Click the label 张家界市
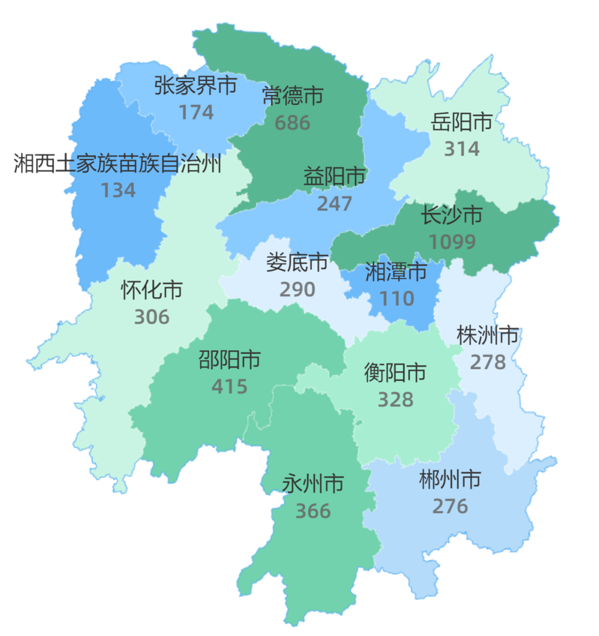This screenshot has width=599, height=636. point(196,85)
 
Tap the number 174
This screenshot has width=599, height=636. point(196,112)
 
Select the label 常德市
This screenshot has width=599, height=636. point(292,96)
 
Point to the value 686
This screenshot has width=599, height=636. point(292,123)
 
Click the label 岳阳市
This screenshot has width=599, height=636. point(462,122)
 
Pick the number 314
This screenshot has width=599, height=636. point(462,149)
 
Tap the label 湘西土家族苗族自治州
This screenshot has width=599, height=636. point(118,164)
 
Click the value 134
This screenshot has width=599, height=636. point(118,190)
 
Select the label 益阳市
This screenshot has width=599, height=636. point(334,177)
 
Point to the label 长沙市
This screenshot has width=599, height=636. point(452,215)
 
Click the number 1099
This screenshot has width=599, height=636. point(452,242)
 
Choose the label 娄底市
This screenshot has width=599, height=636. point(297,263)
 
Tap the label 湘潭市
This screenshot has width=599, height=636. point(397,272)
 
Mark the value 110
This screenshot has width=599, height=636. point(397,299)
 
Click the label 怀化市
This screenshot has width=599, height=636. point(152,290)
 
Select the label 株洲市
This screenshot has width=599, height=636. point(488,335)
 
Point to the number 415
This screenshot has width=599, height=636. point(230,386)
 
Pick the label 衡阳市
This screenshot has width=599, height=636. point(395,372)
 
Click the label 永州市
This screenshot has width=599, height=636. point(313,484)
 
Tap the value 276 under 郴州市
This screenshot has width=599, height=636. point(450,506)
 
